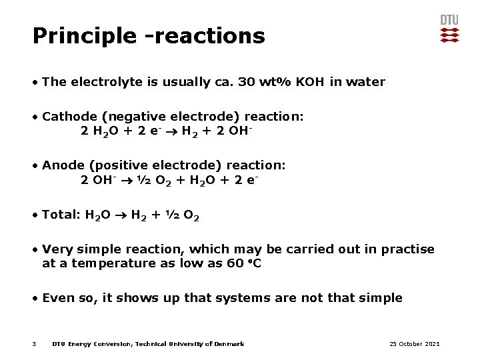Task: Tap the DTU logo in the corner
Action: [x=449, y=29]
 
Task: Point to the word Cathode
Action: [x=67, y=117]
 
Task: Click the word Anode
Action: [x=62, y=165]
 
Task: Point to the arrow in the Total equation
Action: [x=120, y=215]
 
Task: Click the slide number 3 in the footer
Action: [x=33, y=344]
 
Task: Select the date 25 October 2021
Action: [x=415, y=344]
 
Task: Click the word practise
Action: [x=407, y=249]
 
